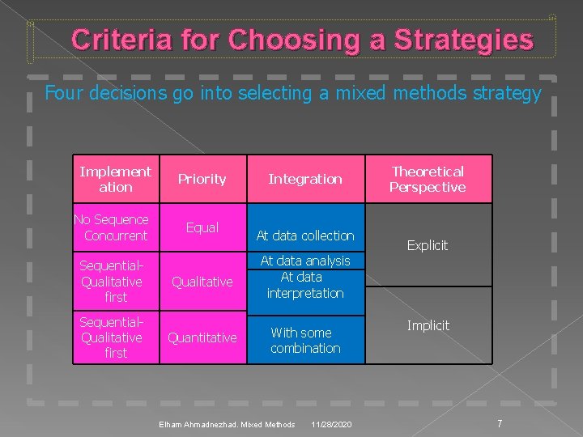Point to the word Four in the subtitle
[x=62, y=94]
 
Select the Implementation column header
[x=115, y=179]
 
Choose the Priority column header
[x=202, y=179]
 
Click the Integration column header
[x=305, y=179]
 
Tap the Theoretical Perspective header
[x=427, y=179]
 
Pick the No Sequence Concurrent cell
[x=113, y=227]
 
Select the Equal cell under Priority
[x=202, y=227]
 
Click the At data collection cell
[x=305, y=235]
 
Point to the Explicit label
[x=427, y=245]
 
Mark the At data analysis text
[x=305, y=261]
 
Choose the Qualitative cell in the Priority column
[x=202, y=282]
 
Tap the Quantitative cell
[x=202, y=337]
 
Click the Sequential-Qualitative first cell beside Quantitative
[x=113, y=337]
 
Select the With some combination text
[x=305, y=340]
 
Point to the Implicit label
[x=428, y=325]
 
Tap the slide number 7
[x=500, y=423]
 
